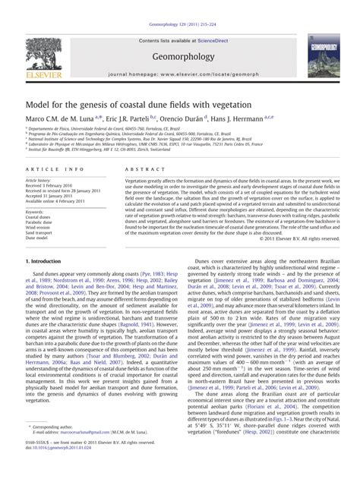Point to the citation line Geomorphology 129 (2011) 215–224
click(179, 8)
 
